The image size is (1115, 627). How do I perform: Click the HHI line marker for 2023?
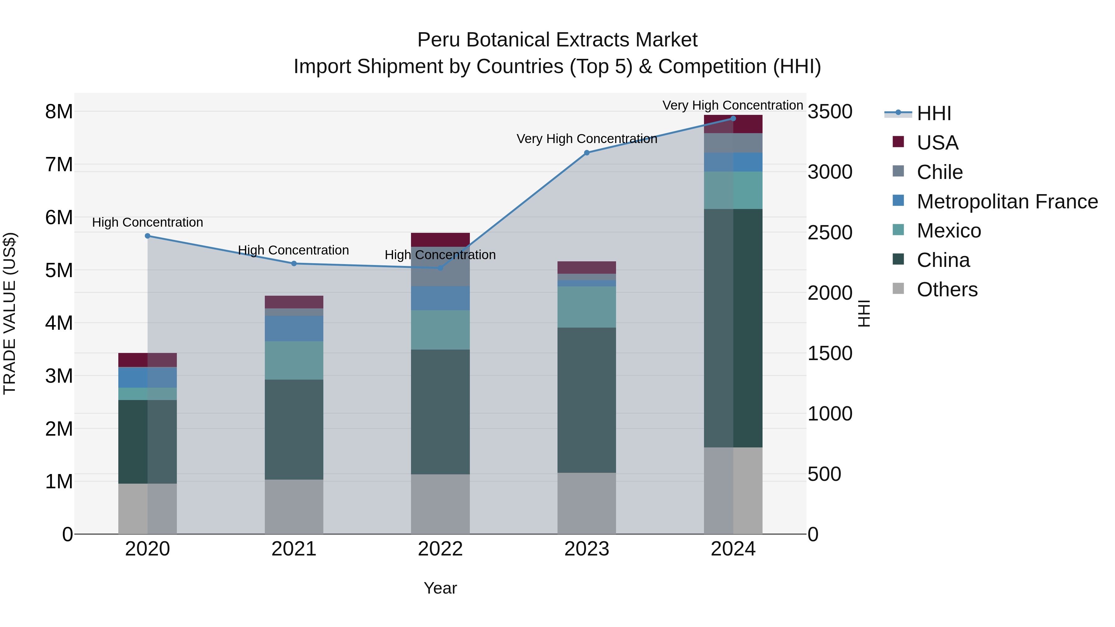click(x=587, y=153)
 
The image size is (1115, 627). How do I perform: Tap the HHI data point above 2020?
click(x=148, y=236)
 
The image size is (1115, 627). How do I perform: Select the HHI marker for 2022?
click(x=440, y=268)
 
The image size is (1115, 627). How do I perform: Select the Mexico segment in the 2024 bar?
click(x=733, y=190)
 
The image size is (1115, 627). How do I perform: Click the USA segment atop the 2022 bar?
click(x=440, y=240)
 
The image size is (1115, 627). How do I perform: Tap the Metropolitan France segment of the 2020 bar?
click(x=148, y=377)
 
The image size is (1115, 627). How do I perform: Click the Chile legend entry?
click(x=939, y=172)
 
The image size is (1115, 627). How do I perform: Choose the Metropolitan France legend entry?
click(x=1007, y=202)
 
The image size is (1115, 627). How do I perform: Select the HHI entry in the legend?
click(x=934, y=113)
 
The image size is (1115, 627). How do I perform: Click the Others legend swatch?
click(x=898, y=289)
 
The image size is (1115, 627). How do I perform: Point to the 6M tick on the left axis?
click(x=59, y=217)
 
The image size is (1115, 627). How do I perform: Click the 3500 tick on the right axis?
click(x=830, y=112)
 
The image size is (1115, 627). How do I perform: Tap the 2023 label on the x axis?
click(x=587, y=549)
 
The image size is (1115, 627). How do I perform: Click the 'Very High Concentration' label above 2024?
click(x=732, y=105)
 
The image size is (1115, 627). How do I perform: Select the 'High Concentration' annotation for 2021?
click(x=294, y=250)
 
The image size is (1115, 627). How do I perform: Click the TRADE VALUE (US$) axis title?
click(x=10, y=313)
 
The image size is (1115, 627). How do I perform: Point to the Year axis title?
click(x=440, y=588)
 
